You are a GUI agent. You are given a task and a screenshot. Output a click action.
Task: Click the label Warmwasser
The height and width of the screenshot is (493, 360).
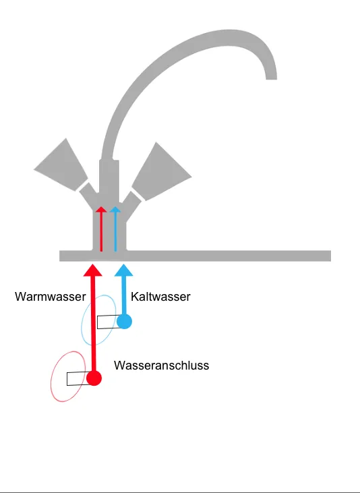(x=50, y=297)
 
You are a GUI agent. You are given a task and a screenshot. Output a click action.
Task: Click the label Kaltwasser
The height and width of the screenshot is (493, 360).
(x=160, y=297)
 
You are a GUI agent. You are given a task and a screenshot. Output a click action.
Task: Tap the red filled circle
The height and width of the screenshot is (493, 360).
(x=94, y=378)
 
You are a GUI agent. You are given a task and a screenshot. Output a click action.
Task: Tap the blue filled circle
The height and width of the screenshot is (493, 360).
(x=124, y=321)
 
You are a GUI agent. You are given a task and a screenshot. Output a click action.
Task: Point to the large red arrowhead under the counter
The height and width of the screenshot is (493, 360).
(x=93, y=268)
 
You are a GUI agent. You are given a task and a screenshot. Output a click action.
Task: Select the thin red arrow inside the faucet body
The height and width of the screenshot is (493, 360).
(x=101, y=229)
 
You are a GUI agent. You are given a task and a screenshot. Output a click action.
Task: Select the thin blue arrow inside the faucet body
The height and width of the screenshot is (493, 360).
(x=116, y=229)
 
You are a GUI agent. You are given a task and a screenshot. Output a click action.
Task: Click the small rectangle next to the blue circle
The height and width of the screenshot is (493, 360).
(x=107, y=322)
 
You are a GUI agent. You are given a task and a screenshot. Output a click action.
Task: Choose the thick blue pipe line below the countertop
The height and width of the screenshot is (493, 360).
(x=123, y=293)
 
